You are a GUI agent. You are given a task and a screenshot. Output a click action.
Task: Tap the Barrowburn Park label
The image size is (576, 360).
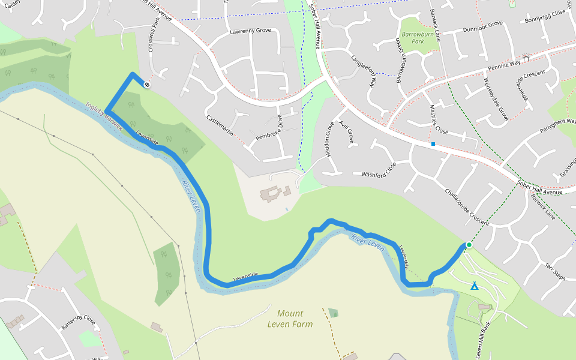pos(413,38)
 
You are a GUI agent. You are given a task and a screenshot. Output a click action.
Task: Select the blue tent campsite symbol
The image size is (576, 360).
pos(475,286)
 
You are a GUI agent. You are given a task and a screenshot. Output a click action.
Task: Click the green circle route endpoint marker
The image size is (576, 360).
pos(469,245)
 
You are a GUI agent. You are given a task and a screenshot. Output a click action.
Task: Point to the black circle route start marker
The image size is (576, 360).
pos(147,85)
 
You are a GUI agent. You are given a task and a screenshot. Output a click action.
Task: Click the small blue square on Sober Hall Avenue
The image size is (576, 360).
pos(433,144)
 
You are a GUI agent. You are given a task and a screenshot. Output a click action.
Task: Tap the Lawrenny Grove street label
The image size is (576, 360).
pos(250,31)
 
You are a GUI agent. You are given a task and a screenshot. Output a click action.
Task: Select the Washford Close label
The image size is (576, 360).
pos(379,170)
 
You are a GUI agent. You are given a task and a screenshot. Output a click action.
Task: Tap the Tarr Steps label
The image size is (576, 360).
pos(555,271)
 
